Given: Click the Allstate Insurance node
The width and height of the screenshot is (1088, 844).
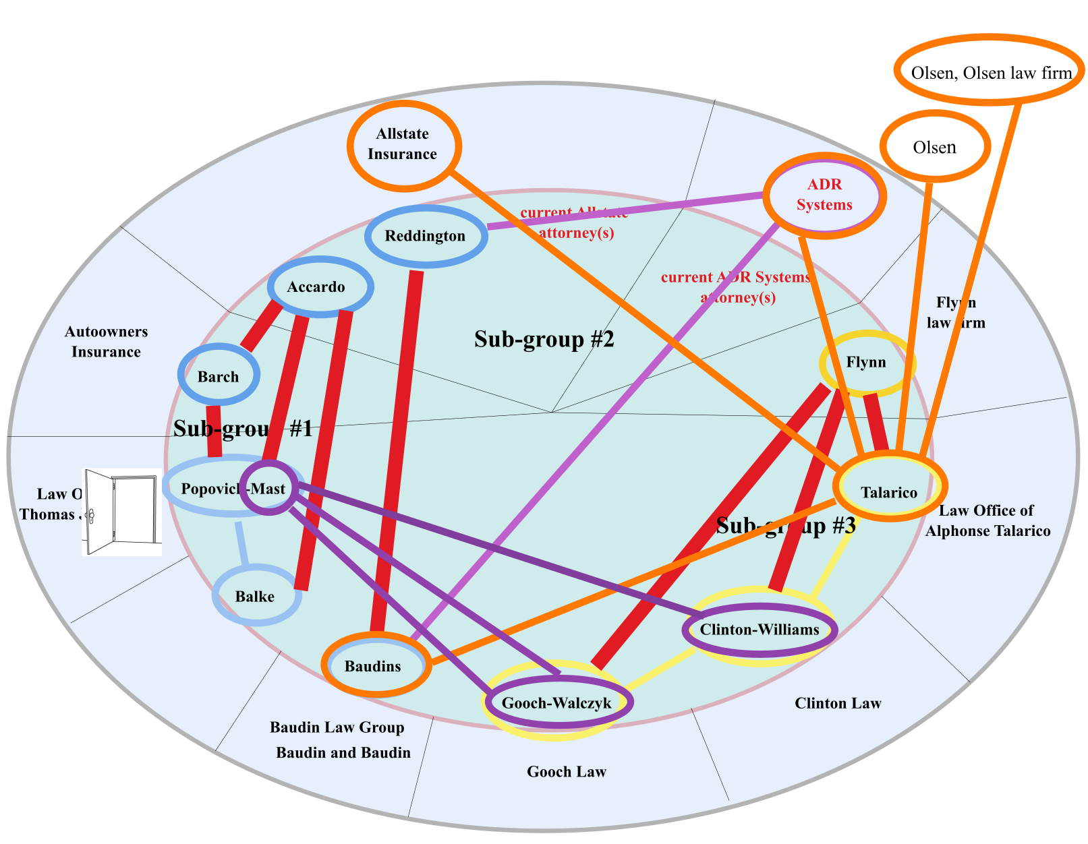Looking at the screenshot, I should pyautogui.click(x=403, y=144).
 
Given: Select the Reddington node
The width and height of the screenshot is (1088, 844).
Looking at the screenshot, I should pyautogui.click(x=425, y=236).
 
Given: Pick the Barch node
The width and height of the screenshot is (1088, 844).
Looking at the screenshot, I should pyautogui.click(x=218, y=376).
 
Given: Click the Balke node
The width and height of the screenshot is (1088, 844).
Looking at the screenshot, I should pyautogui.click(x=255, y=597).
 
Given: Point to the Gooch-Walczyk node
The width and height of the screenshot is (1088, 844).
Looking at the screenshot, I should pyautogui.click(x=557, y=703).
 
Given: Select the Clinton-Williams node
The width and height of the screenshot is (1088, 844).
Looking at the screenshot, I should pyautogui.click(x=760, y=630).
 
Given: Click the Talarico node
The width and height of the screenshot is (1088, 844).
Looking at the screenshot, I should pyautogui.click(x=890, y=491).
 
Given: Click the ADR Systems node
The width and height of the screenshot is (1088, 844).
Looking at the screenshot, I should pyautogui.click(x=824, y=195).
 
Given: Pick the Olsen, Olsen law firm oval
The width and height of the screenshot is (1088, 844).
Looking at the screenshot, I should pyautogui.click(x=990, y=71).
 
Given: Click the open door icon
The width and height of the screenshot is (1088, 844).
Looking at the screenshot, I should pyautogui.click(x=121, y=512).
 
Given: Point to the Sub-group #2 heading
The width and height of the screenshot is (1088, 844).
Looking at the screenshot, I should pyautogui.click(x=544, y=339).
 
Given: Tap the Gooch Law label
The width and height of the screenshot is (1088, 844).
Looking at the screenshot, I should pyautogui.click(x=567, y=772).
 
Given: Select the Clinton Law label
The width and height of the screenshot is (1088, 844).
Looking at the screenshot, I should pyautogui.click(x=838, y=704).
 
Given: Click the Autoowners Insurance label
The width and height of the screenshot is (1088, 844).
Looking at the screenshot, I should pyautogui.click(x=106, y=342).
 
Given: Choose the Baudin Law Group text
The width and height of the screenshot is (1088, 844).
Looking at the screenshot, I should pyautogui.click(x=337, y=727).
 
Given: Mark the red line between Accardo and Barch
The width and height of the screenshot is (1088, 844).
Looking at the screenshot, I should pyautogui.click(x=261, y=326).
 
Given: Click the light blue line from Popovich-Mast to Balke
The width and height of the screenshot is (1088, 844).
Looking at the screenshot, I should pyautogui.click(x=241, y=543).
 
